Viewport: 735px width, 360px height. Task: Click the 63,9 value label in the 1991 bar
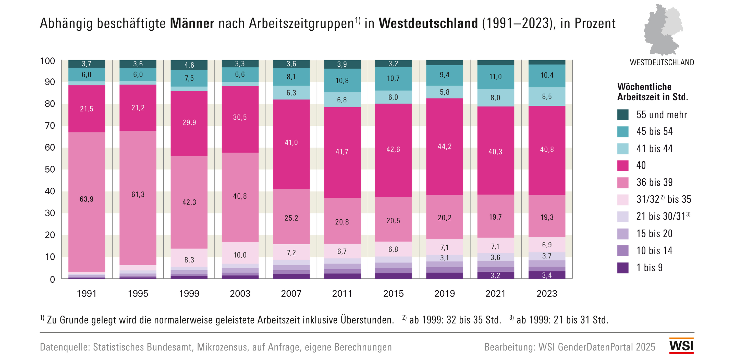point(87,199)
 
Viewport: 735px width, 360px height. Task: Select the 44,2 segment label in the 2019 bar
point(445,147)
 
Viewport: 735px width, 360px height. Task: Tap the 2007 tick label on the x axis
point(291,293)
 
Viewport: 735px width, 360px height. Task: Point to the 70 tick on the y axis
point(50,126)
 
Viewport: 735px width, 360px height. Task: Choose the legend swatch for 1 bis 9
point(623,268)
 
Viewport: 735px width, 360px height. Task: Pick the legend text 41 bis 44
point(654,148)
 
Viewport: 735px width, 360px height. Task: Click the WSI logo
point(681,346)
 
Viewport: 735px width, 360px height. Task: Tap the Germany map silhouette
point(663,30)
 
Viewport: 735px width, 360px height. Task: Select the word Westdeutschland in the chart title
point(428,23)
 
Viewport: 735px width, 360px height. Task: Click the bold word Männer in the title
point(192,23)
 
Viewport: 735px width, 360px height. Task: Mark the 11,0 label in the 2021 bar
point(495,77)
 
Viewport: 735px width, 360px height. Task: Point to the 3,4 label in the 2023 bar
point(547,275)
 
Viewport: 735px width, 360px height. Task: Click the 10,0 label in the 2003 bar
point(240,255)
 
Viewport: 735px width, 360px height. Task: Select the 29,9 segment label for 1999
point(189,123)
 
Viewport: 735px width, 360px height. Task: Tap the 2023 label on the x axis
point(547,293)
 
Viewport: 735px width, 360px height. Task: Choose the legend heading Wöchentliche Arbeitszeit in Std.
point(653,92)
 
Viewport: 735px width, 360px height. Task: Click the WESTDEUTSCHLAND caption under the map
point(662,63)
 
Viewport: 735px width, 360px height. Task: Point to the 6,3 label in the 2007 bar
point(291,93)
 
